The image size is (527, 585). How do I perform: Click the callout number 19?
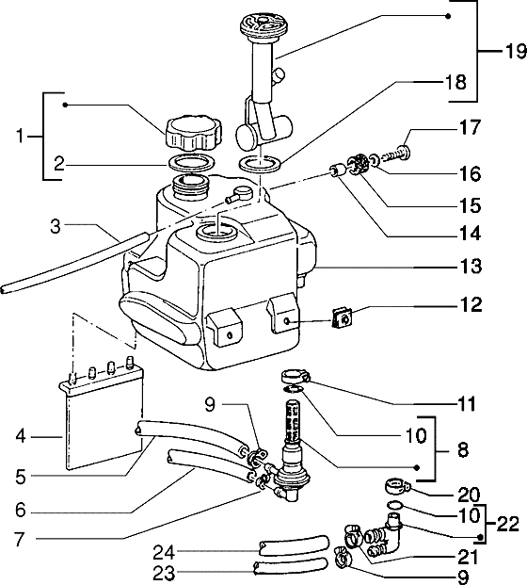pyautogui.click(x=516, y=51)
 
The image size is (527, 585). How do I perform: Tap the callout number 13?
pyautogui.click(x=471, y=267)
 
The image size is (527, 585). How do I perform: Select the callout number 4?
pyautogui.click(x=21, y=436)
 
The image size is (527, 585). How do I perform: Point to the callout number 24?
pyautogui.click(x=164, y=552)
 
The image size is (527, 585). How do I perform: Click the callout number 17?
pyautogui.click(x=471, y=127)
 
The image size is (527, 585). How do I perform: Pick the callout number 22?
pyautogui.click(x=507, y=524)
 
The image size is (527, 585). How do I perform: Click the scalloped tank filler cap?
pyautogui.click(x=192, y=133)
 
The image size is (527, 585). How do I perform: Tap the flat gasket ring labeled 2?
pyautogui.click(x=192, y=162)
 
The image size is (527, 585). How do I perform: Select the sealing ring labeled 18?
pyautogui.click(x=261, y=163)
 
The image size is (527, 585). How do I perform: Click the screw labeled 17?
pyautogui.click(x=396, y=154)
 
